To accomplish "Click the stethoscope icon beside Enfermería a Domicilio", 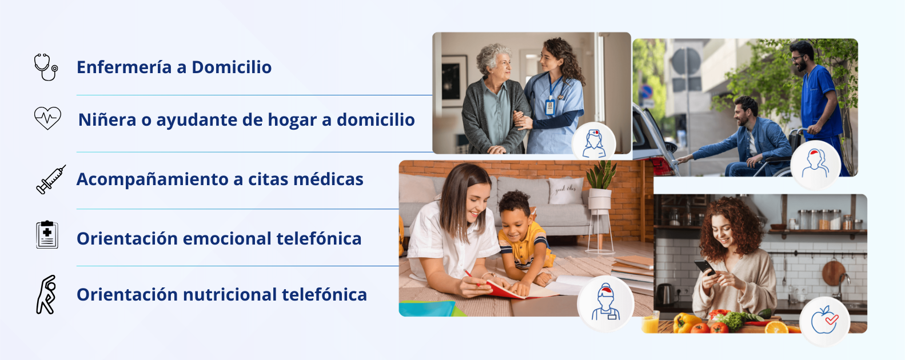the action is (46, 67).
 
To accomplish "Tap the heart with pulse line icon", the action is (47, 118).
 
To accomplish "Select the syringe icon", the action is (50, 179).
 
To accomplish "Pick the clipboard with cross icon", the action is (47, 234).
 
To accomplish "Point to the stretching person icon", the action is (46, 294).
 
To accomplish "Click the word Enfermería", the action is (124, 67).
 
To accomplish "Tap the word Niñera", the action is (107, 119).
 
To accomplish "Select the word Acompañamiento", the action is (152, 179).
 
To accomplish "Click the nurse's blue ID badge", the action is (549, 107).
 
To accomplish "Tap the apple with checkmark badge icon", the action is (824, 320).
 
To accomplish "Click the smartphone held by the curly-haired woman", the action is (704, 267).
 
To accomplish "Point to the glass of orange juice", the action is (651, 322).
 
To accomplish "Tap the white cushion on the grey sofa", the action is (566, 190).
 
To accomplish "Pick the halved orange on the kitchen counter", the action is (776, 327).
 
